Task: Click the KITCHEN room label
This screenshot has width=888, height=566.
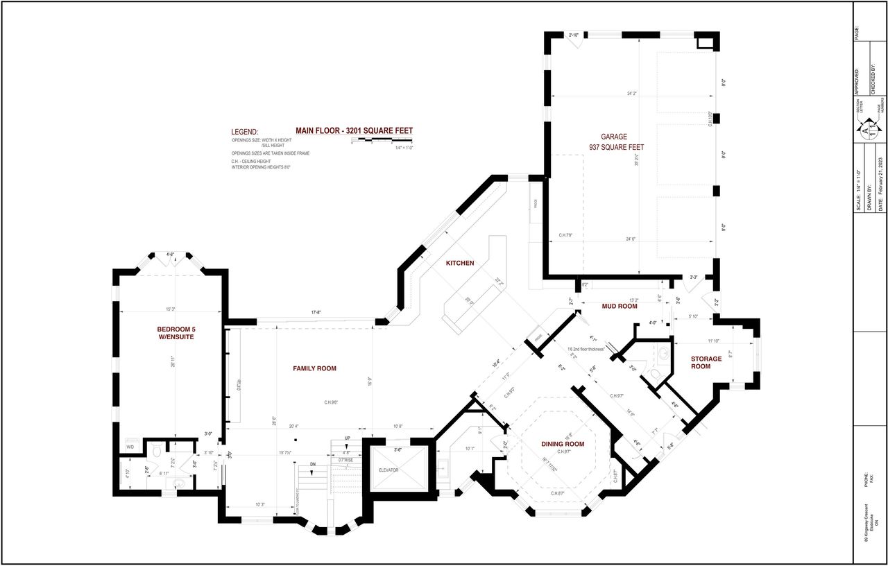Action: click(460, 263)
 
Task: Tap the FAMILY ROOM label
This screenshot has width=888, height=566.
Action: click(314, 368)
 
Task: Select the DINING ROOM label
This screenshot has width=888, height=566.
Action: click(563, 444)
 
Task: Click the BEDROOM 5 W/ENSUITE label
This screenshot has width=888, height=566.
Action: click(175, 332)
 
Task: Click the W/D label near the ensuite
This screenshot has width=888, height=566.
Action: click(130, 447)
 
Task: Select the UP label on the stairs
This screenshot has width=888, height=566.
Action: click(347, 439)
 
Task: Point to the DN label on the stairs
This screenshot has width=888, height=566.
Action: click(313, 464)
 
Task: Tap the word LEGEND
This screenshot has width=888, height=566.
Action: click(244, 132)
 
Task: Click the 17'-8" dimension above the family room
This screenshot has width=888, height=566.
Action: click(316, 313)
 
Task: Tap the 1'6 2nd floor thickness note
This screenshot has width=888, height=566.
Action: click(586, 348)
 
